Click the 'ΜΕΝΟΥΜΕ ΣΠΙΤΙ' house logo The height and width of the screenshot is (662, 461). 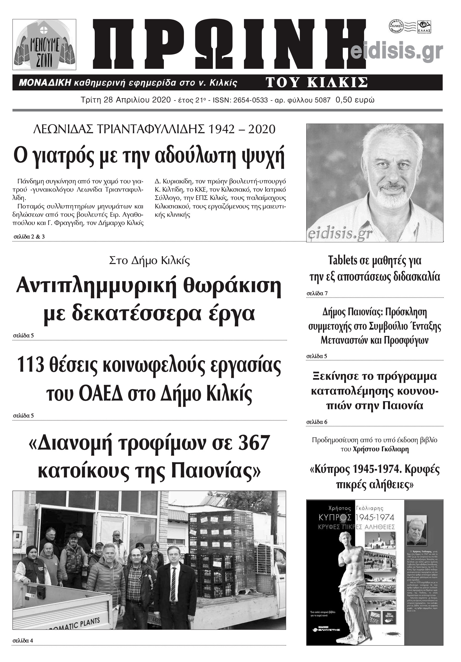pos(44,45)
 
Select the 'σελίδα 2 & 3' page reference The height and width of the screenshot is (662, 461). pos(29,237)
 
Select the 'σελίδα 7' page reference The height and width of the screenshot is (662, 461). pos(317,294)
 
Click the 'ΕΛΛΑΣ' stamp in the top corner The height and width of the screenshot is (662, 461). pos(424,27)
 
